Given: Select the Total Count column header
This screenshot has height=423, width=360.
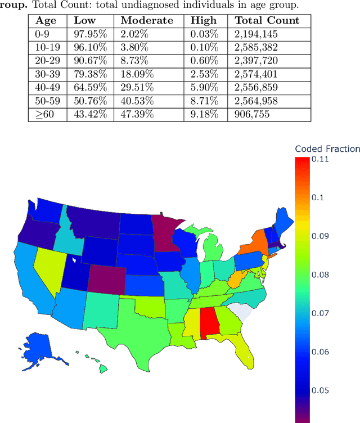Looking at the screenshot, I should click(267, 21).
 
